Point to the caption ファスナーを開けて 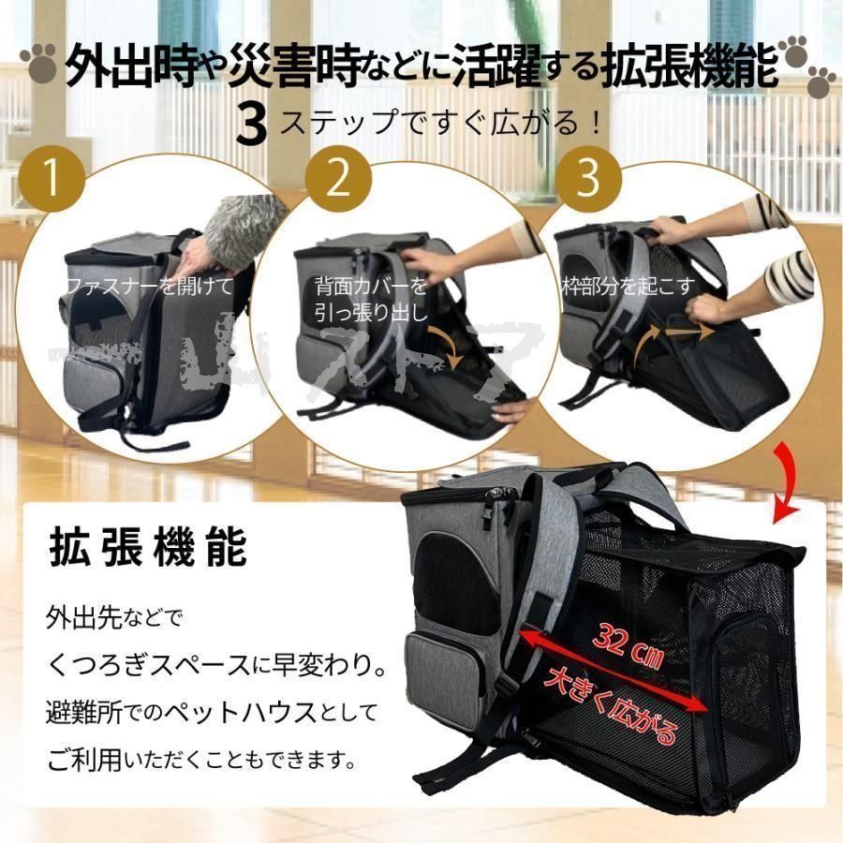pos(148,284)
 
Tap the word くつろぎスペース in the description pos(155,664)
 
